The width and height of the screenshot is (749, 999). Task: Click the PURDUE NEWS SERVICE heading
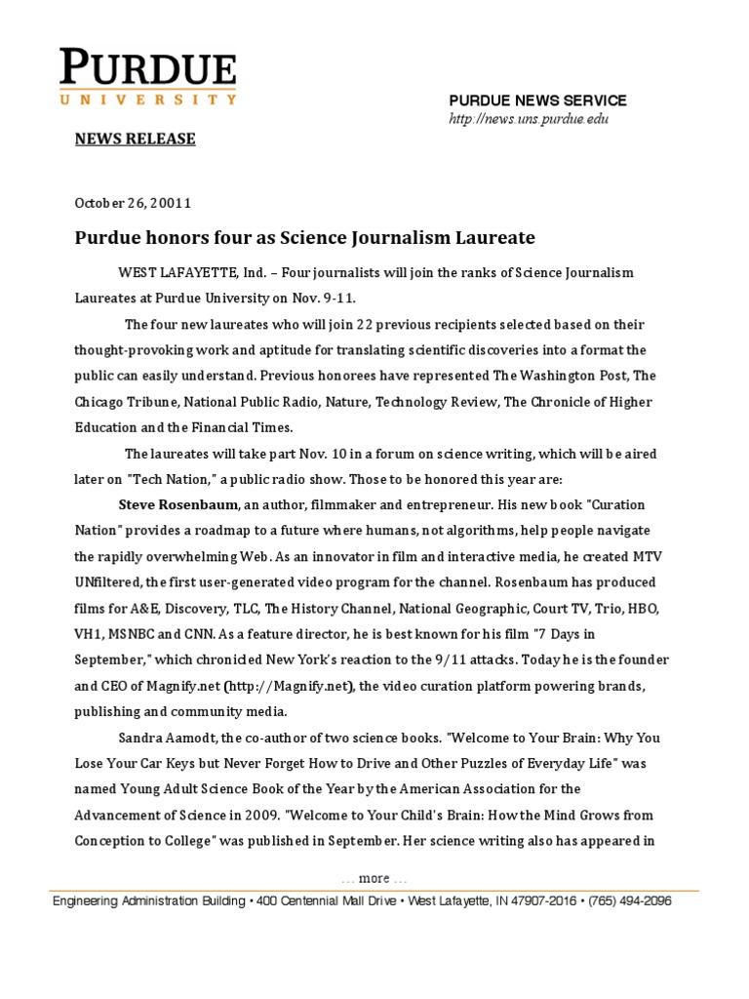(537, 100)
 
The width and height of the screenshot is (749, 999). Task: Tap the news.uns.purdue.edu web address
(528, 119)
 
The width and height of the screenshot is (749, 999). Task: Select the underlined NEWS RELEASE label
(136, 139)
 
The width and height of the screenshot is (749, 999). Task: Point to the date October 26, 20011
(134, 203)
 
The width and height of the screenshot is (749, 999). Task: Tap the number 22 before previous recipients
(365, 325)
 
